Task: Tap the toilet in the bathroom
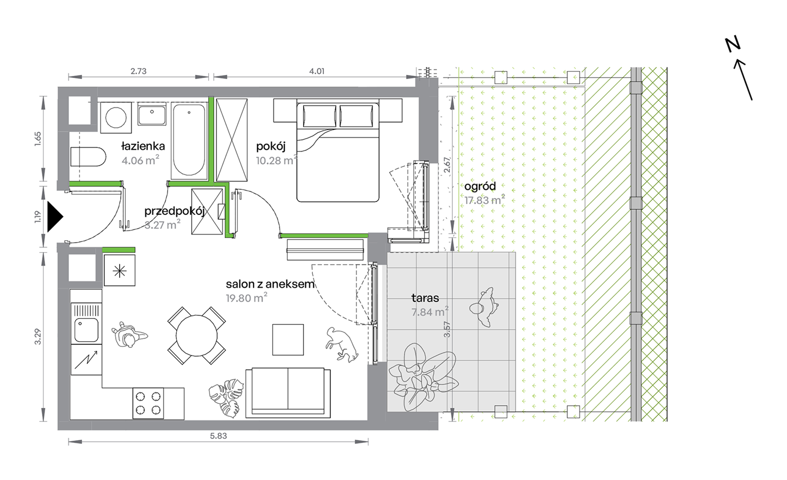click(x=88, y=157)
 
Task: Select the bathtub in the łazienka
click(x=189, y=140)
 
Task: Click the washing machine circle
click(x=116, y=118)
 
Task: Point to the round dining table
click(x=197, y=336)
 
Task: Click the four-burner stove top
click(x=148, y=403)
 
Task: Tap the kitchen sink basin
click(x=86, y=330)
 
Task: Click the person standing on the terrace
click(x=484, y=307)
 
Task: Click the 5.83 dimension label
click(x=218, y=436)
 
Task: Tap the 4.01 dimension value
click(x=317, y=71)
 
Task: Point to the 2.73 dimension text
click(x=138, y=71)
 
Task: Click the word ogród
click(x=480, y=186)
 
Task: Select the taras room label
click(x=425, y=298)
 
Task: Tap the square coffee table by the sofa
click(x=288, y=340)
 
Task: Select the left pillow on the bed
click(x=319, y=116)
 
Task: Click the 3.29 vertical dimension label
click(x=38, y=336)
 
